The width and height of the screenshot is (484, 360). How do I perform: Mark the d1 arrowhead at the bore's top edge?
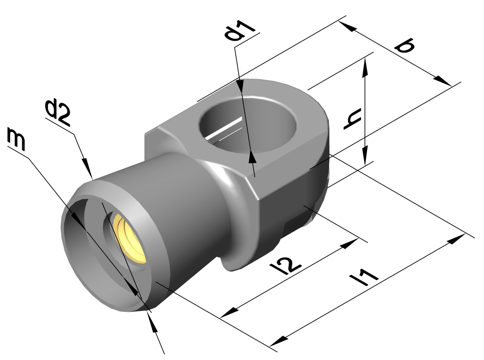pos(240,86)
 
